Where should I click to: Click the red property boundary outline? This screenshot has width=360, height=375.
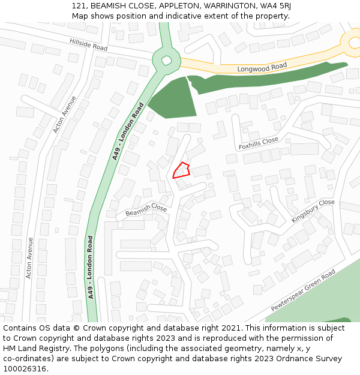click(181, 171)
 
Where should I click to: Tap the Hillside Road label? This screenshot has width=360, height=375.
click(88, 44)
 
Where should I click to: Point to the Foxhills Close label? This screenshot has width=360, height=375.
click(259, 143)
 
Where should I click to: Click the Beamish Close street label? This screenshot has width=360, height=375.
click(146, 210)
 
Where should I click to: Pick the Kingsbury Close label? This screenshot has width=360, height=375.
click(313, 211)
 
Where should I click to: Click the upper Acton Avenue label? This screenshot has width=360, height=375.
click(65, 114)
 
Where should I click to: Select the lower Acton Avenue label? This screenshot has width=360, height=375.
click(29, 257)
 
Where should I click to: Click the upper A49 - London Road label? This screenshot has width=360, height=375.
click(128, 131)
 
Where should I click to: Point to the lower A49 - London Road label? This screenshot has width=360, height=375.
click(91, 267)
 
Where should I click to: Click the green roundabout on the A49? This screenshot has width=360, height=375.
click(165, 59)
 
